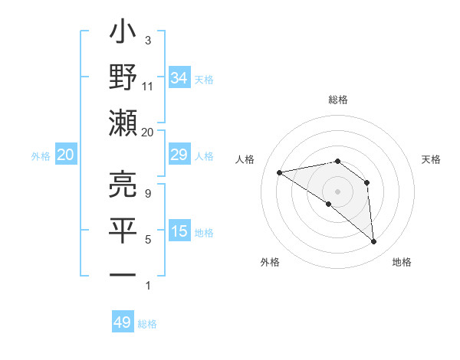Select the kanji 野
pyautogui.click(x=123, y=79)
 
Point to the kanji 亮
pyautogui.click(x=123, y=184)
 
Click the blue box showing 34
pyautogui.click(x=179, y=78)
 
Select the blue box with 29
pyautogui.click(x=179, y=155)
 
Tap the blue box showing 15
pyautogui.click(x=179, y=231)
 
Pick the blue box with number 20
pyautogui.click(x=66, y=155)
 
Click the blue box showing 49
pyautogui.click(x=123, y=322)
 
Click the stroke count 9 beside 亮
pyautogui.click(x=147, y=193)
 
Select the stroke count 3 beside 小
pyautogui.click(x=147, y=40)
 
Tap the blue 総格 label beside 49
pyautogui.click(x=148, y=324)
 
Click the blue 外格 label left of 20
pyautogui.click(x=41, y=156)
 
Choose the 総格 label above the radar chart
pyautogui.click(x=337, y=100)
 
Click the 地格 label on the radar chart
pyautogui.click(x=402, y=262)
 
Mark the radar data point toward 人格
pyautogui.click(x=280, y=172)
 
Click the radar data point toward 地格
pyautogui.click(x=373, y=242)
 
